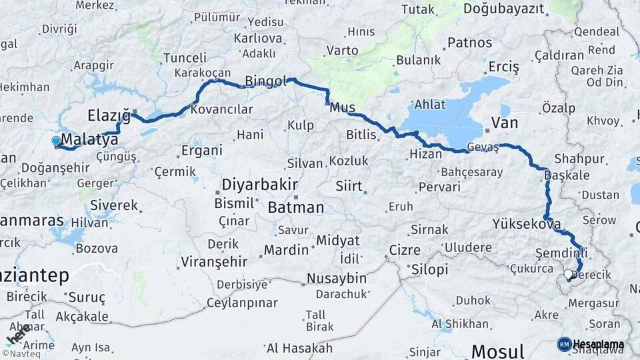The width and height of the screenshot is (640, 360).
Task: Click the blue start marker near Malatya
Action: click(x=55, y=141)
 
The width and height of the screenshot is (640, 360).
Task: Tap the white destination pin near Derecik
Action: click(x=568, y=273)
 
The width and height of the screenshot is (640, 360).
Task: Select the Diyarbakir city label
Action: click(x=259, y=185)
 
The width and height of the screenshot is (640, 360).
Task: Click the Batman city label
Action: click(x=295, y=207)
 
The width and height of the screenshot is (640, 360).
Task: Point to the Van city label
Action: click(x=504, y=122)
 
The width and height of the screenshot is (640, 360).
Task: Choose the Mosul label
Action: click(x=497, y=351)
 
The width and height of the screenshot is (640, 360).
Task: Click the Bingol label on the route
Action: click(x=265, y=81)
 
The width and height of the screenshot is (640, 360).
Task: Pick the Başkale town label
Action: click(x=567, y=175)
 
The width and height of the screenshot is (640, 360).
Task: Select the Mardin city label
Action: click(x=286, y=250)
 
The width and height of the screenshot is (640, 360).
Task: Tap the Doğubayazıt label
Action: click(x=503, y=9)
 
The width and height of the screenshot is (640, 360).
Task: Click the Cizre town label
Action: click(x=404, y=251)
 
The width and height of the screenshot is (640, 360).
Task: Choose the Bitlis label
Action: click(x=361, y=135)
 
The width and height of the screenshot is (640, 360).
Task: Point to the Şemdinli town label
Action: click(x=561, y=253)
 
